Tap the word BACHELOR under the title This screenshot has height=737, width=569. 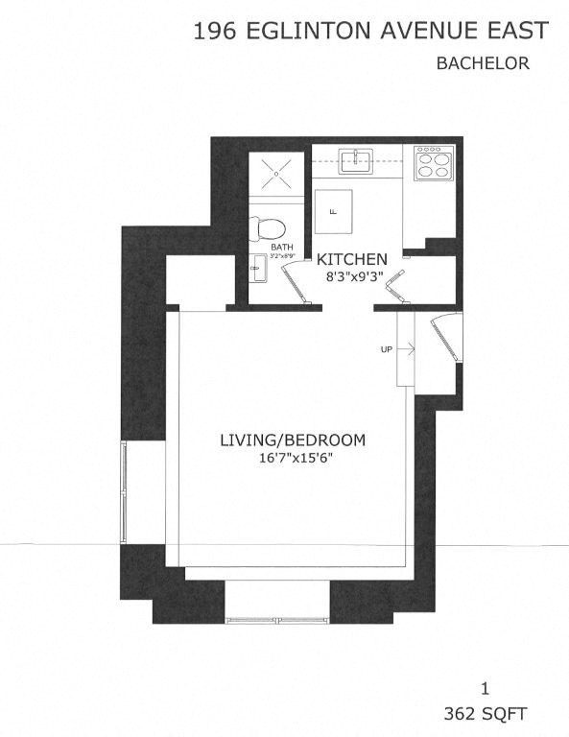click(484, 64)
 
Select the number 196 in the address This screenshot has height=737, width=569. click(216, 32)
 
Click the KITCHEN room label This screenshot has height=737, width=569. click(352, 259)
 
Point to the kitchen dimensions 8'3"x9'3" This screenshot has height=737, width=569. click(352, 276)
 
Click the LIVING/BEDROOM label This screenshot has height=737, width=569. click(293, 440)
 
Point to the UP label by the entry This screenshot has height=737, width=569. click(386, 349)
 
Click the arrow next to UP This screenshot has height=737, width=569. click(403, 349)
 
